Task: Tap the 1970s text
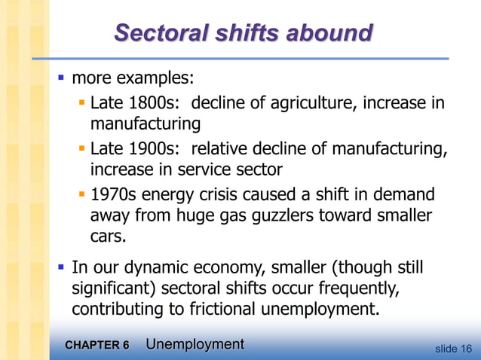(113, 195)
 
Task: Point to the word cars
(107, 237)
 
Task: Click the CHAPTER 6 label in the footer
(97, 346)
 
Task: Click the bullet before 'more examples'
(62, 78)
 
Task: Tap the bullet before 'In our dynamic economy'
(62, 268)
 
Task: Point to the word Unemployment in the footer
(195, 345)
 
